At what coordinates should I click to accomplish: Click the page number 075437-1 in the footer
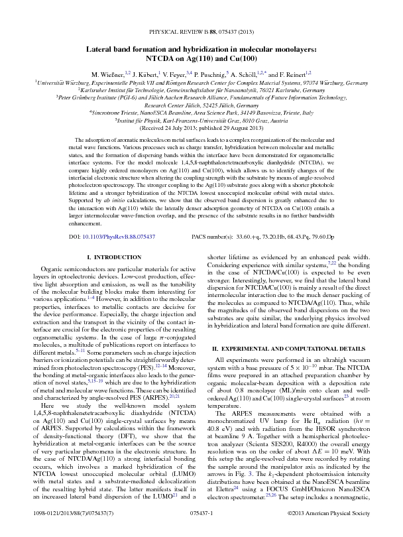click(x=201, y=513)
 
